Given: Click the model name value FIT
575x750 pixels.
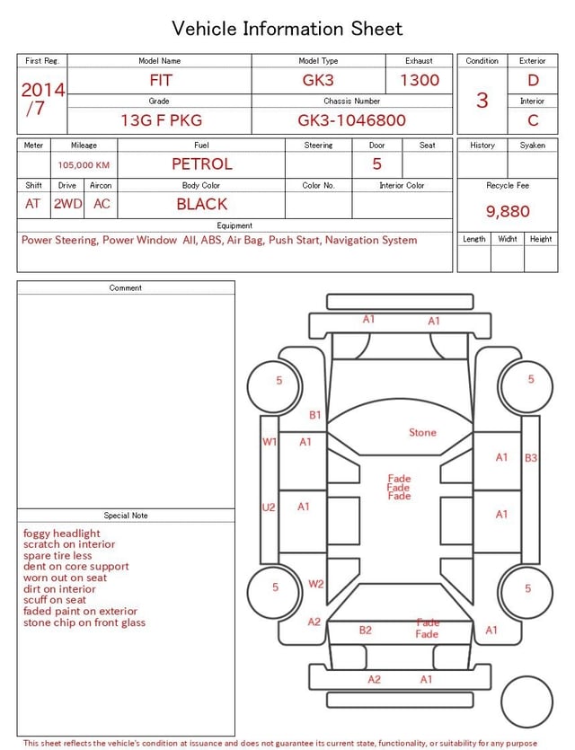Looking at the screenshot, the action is [x=161, y=80].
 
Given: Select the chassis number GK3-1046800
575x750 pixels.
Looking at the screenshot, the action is [x=351, y=120].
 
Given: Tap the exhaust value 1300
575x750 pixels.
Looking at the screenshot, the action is [x=420, y=80].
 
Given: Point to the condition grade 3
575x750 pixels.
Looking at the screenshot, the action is [x=482, y=100].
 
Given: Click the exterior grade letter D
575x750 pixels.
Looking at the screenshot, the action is [x=533, y=80].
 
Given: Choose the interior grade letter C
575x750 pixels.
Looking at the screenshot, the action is [x=533, y=120].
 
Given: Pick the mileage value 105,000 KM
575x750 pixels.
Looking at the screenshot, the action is [x=84, y=165].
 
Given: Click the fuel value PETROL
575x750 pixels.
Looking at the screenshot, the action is [x=202, y=164].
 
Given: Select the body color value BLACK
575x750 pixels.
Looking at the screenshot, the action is [x=202, y=204].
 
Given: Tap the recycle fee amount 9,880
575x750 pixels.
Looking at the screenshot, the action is [x=508, y=211].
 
